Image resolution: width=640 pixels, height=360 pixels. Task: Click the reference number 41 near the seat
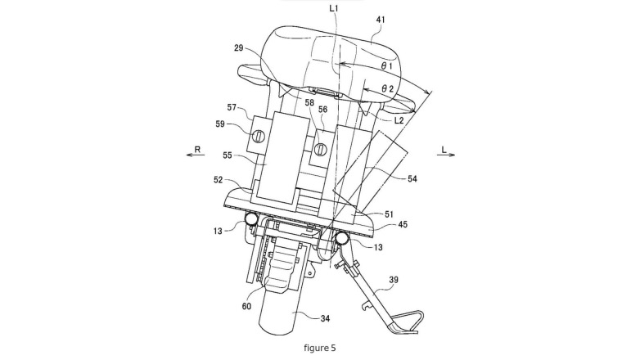[380, 20]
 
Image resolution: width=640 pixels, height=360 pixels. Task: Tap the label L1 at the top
[334, 7]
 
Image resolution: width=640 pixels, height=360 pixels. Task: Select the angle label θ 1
[386, 65]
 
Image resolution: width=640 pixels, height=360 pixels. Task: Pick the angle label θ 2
[387, 88]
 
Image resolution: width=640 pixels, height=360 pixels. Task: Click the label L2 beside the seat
[399, 120]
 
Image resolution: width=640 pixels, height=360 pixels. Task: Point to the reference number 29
[239, 47]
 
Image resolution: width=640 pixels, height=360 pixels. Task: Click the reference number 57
[232, 107]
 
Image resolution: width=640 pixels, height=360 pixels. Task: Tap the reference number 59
[220, 124]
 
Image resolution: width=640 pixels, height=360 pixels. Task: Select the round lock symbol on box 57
[259, 136]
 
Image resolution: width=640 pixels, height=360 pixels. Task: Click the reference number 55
[228, 155]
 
